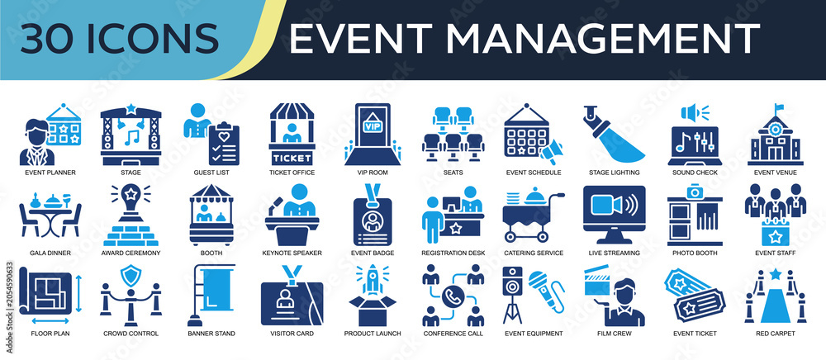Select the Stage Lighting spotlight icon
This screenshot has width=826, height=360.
point(615,134)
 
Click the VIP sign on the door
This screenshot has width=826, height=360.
point(373,126)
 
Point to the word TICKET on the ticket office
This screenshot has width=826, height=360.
point(292,158)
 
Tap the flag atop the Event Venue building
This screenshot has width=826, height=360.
point(779,108)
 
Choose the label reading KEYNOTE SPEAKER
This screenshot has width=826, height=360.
point(292,253)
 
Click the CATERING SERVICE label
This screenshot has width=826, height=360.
point(534,253)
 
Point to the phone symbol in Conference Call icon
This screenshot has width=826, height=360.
point(453,297)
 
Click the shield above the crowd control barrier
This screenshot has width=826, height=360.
point(131,275)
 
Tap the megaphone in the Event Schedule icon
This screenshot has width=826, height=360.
point(550,152)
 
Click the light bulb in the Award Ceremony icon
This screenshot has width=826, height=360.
point(131,199)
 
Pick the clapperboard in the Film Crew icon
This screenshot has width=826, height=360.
point(597,281)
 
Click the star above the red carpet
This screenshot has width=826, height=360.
point(775,273)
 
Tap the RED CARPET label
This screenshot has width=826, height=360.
point(775,334)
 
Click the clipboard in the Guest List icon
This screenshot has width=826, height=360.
point(224,143)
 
